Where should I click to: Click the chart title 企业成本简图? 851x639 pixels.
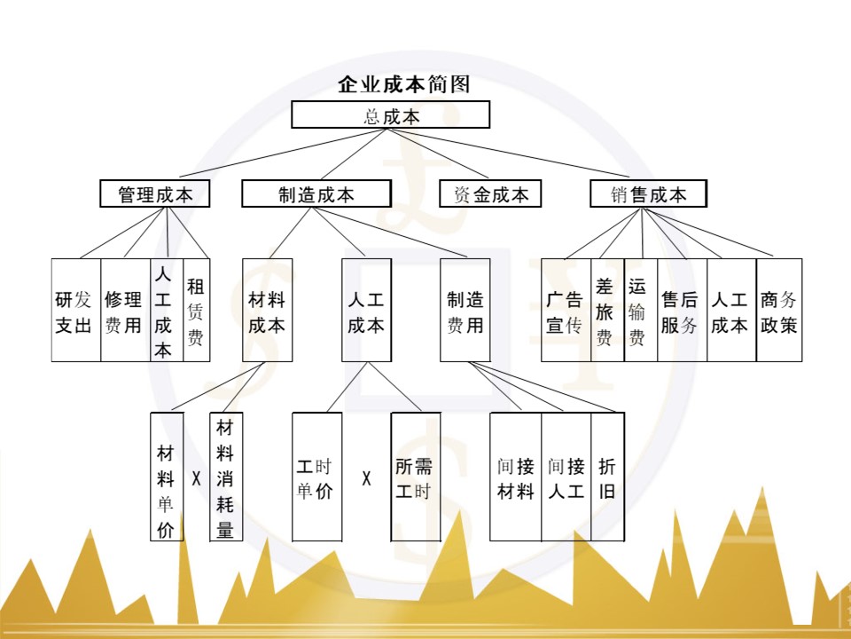coord(403,85)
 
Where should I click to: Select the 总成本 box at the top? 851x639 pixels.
coord(391,115)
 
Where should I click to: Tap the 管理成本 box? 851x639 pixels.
coord(155,194)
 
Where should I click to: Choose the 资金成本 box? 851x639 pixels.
coord(490,194)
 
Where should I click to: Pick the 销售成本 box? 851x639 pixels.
coord(648,194)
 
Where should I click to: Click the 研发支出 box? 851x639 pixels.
coord(74,311)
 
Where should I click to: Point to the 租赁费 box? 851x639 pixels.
coord(196,311)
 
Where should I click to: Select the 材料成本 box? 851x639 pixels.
coord(267,311)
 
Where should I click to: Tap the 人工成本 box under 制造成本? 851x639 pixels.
coord(366,311)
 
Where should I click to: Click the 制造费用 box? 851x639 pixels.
coord(465,311)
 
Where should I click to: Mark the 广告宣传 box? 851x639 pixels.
coord(565,311)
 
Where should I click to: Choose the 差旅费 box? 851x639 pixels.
coord(606,311)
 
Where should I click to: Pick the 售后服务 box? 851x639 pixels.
coord(681,311)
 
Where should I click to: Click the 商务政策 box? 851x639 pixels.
coord(779,311)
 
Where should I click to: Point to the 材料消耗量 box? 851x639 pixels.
coord(225,477)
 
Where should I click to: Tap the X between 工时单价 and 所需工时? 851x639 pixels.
coord(366,479)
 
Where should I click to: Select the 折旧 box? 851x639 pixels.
coord(607,477)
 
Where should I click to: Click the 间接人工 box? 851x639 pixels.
coord(566,477)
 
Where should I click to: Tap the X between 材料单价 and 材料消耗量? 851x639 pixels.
coord(196,479)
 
